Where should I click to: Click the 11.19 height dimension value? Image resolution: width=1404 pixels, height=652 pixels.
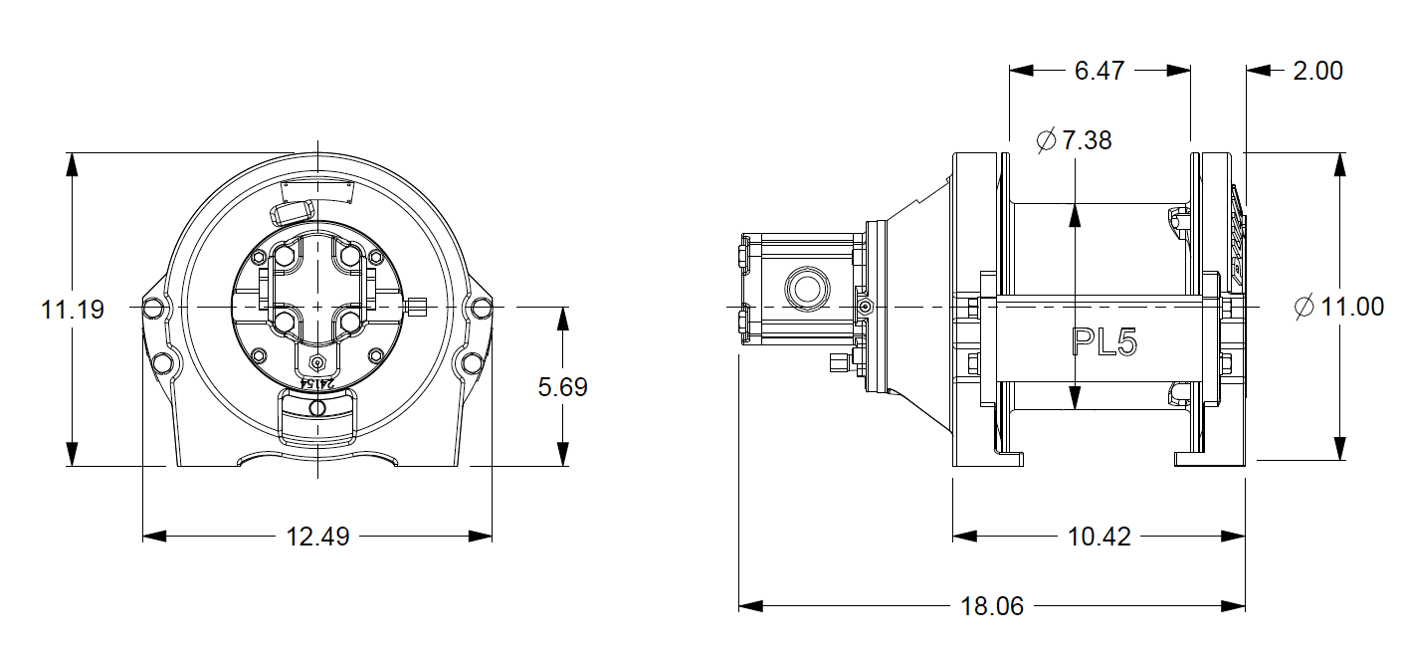(73, 310)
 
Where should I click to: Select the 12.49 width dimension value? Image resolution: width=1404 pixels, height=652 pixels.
(317, 537)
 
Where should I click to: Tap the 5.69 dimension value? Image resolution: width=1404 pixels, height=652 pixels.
(563, 386)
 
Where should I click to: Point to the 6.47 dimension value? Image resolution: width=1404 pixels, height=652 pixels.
(1100, 71)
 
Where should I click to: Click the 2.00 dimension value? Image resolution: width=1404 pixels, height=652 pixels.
(1317, 71)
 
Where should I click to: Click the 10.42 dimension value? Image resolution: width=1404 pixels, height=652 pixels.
(1099, 537)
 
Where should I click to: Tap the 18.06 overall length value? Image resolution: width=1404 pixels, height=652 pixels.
(992, 606)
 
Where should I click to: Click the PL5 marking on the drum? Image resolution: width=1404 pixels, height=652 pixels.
(1103, 342)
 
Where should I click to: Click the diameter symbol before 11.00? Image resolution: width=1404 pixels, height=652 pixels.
(1304, 307)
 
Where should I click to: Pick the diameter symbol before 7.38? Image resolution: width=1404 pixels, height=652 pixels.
(1045, 140)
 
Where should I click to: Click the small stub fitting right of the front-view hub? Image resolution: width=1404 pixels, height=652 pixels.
(418, 306)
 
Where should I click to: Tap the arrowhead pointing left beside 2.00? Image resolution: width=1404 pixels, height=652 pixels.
(1258, 71)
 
